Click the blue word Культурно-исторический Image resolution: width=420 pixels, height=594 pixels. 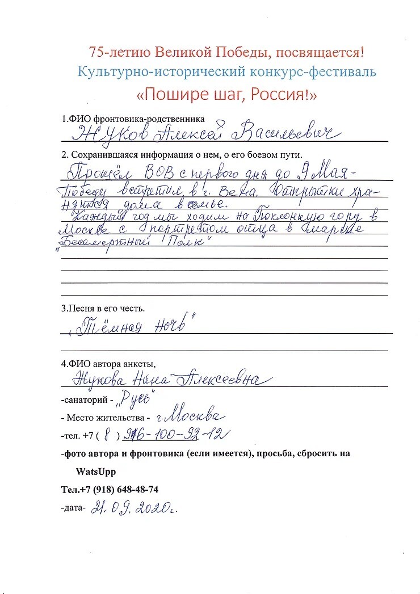149,72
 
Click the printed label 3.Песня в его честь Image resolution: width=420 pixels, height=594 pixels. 103,309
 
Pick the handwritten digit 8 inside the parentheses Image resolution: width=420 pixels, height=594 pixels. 109,436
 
